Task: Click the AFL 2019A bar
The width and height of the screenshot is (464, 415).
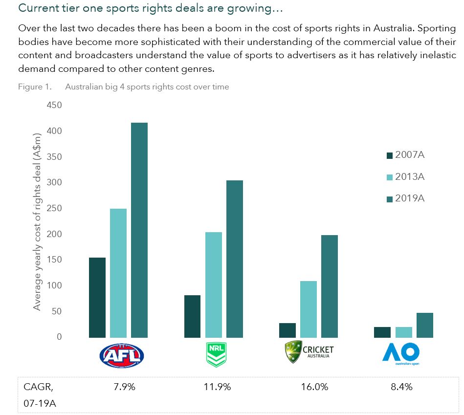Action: pyautogui.click(x=139, y=230)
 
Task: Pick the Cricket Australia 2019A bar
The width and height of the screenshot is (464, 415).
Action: pyautogui.click(x=330, y=286)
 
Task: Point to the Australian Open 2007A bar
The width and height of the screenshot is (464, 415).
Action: pyautogui.click(x=382, y=332)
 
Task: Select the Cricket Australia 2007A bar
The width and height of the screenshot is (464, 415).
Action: pyautogui.click(x=287, y=330)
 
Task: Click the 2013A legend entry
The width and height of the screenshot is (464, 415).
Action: pyautogui.click(x=406, y=177)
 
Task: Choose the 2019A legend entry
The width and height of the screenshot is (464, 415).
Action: pyautogui.click(x=406, y=198)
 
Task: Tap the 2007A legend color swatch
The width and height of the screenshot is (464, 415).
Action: pyautogui.click(x=390, y=155)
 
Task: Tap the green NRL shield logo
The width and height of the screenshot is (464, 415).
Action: pyautogui.click(x=214, y=354)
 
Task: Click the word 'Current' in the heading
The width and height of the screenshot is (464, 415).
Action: pyautogui.click(x=36, y=9)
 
